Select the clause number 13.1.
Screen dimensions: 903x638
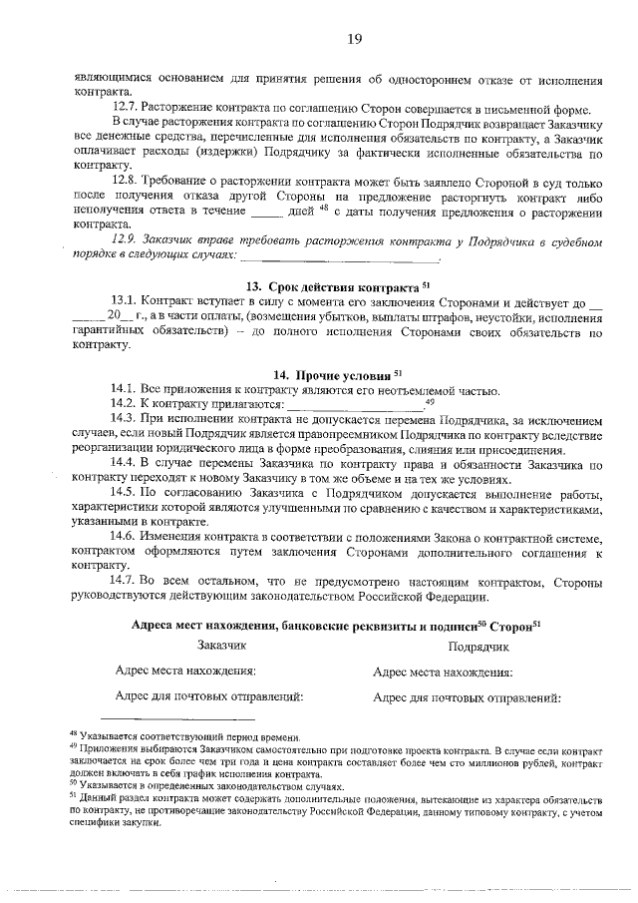125,300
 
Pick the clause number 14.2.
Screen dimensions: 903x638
125,403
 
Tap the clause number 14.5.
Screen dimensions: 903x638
125,493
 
